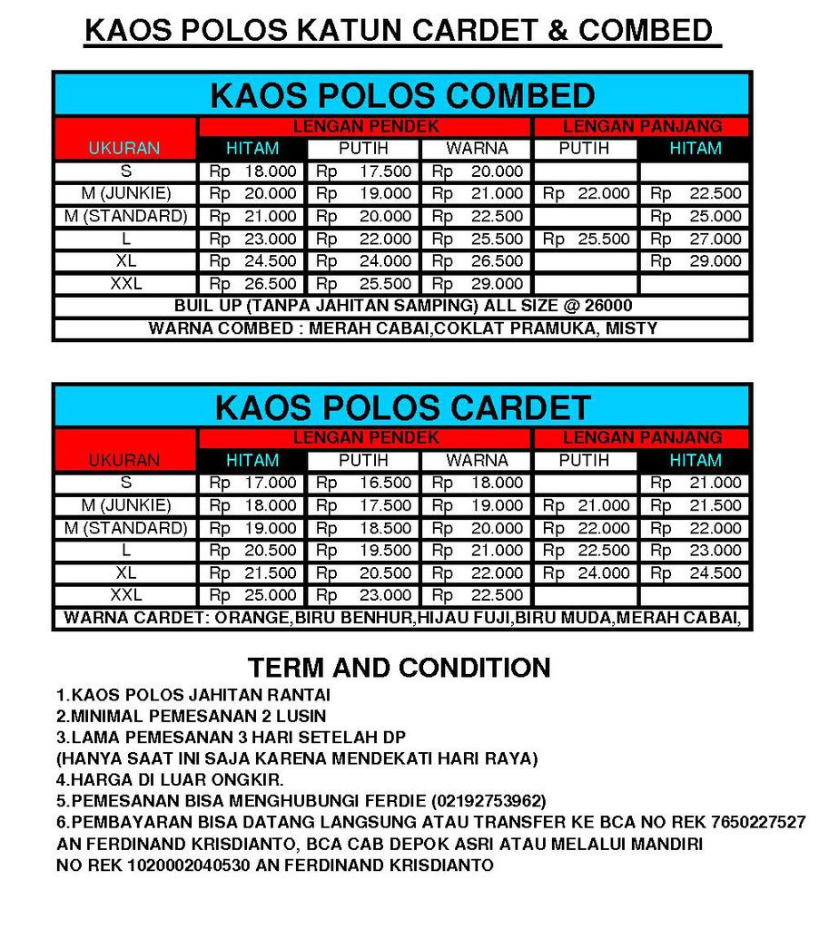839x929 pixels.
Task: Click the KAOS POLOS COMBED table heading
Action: click(402, 95)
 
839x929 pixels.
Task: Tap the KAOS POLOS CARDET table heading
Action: click(402, 407)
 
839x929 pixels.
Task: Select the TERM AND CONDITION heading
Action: click(400, 668)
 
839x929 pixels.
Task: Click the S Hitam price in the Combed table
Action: click(253, 171)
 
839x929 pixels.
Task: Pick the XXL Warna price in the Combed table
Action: click(478, 284)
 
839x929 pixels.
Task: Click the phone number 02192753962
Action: click(489, 801)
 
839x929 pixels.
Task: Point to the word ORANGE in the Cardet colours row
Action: click(252, 619)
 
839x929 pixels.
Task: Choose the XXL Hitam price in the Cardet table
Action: click(253, 595)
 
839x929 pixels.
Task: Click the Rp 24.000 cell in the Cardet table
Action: click(586, 573)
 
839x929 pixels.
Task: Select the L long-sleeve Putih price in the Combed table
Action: click(586, 239)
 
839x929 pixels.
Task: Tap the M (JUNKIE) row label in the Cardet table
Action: click(125, 505)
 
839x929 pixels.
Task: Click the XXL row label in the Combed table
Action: click(125, 284)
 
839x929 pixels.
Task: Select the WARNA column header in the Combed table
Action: click(478, 148)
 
